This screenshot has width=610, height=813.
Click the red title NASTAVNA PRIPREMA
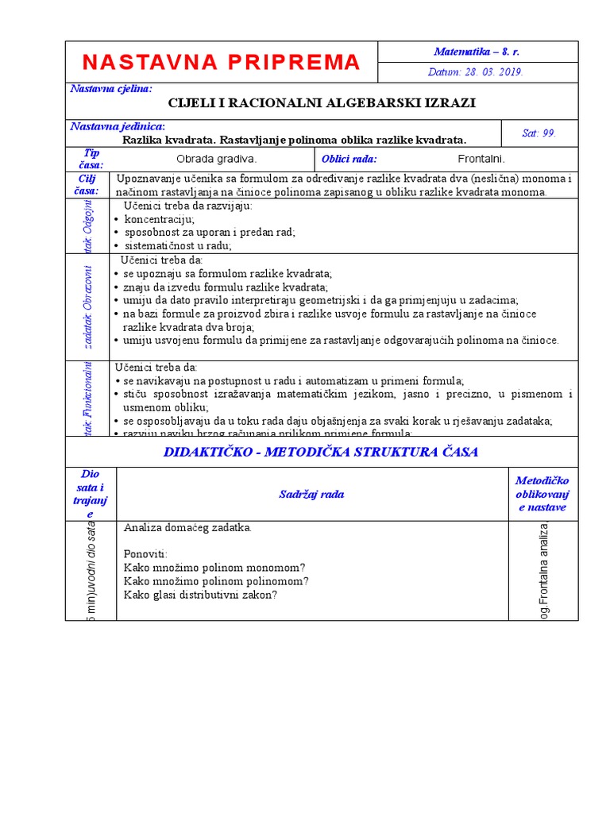coord(221,62)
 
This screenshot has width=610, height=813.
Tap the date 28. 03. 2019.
coord(476,71)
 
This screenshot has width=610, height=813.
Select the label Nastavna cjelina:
coord(111,89)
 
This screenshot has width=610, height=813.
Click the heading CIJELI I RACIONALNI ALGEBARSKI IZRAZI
coord(322,103)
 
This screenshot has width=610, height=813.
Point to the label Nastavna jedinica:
coord(118,126)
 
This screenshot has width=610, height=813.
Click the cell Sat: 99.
coord(539,133)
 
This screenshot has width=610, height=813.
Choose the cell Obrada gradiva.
coord(216,159)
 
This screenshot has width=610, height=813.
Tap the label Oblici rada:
coord(349,159)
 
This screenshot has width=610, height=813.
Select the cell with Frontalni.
coord(481,159)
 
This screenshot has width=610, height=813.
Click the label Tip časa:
coord(91,159)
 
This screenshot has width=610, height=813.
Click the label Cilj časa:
coord(91,185)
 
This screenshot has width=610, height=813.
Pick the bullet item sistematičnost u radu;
coord(178,246)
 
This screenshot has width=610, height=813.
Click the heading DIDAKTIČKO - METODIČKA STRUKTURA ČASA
coord(321,452)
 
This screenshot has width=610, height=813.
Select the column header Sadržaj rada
coord(311,494)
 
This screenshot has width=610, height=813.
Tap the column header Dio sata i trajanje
coord(91,494)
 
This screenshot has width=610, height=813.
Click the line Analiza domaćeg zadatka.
coord(188,527)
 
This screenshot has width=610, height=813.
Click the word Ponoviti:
coord(146,553)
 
